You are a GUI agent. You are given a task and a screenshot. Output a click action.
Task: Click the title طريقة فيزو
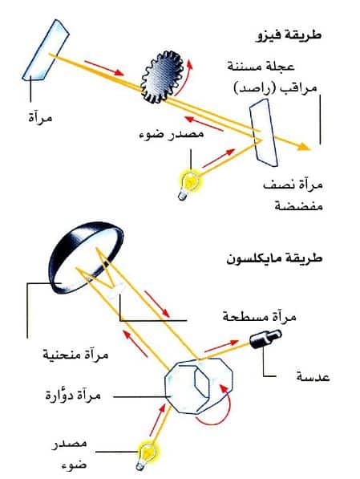coord(289,35)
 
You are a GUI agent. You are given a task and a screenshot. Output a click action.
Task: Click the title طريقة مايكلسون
coord(274,259)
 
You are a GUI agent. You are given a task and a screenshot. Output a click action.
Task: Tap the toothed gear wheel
coord(160,77)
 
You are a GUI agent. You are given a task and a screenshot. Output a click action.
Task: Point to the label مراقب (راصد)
coord(275,87)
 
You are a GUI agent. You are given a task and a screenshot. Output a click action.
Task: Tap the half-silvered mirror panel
coord(263,132)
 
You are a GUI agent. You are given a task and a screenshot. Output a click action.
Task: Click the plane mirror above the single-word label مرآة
coord(46,51)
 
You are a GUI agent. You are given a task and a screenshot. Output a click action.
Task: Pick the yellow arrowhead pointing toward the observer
coord(304,147)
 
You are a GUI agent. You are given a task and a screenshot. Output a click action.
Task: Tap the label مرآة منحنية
coord(75,355)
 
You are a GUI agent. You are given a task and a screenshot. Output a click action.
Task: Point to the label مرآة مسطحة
coord(260,317)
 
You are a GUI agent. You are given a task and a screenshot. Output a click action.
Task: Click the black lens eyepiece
coord(265,338)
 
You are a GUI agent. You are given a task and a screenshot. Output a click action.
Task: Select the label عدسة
coord(313,377)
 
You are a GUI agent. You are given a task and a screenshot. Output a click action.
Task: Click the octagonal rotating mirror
coord(199,387)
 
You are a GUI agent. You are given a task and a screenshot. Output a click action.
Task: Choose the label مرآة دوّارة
coord(73,396)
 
